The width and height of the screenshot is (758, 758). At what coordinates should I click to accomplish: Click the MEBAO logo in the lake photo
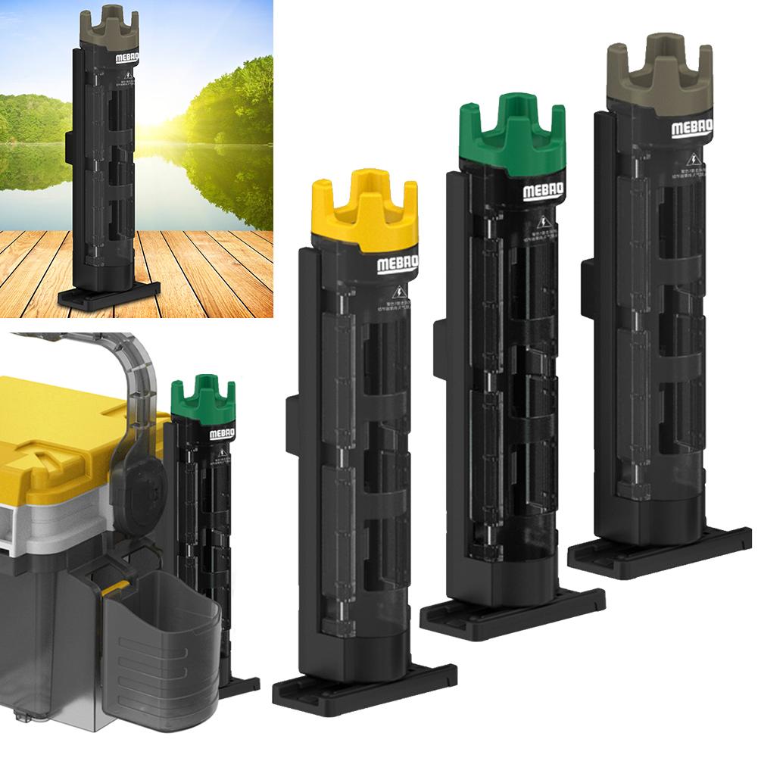coord(122,58)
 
